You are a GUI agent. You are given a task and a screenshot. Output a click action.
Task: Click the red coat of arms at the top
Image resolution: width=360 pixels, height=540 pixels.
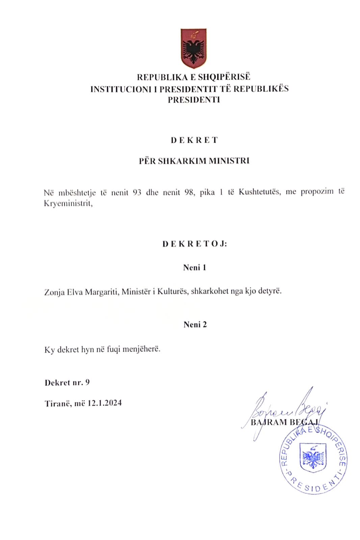tap(193, 48)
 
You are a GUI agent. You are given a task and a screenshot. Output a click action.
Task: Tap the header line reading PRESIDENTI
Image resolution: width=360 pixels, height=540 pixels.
tap(194, 100)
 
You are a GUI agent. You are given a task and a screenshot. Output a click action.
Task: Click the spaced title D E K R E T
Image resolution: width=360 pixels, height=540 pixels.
tap(194, 140)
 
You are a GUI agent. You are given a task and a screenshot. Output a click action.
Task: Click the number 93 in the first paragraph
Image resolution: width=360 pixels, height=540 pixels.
tap(137, 193)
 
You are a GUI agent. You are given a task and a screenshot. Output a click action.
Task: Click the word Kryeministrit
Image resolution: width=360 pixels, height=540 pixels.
tap(68, 204)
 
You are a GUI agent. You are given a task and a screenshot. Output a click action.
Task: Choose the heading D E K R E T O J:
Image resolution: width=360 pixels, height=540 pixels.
tap(195, 244)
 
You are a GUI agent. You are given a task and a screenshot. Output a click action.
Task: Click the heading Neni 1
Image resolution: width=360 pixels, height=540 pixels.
tap(195, 268)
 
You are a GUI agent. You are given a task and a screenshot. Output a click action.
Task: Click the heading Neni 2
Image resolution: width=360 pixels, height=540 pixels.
tap(195, 325)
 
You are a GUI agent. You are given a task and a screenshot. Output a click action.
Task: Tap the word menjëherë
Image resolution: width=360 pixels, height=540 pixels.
tap(141, 349)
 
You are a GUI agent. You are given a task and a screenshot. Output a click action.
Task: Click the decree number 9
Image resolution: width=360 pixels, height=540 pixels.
tap(87, 382)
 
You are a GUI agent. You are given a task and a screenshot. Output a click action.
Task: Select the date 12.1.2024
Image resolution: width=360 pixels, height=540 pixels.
tap(104, 403)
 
